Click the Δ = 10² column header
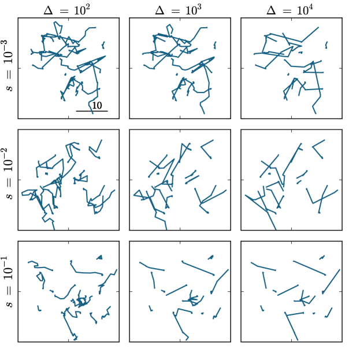click(67, 10)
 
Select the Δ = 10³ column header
click(179, 10)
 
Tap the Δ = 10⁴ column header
click(290, 10)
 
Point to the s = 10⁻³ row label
click(9, 66)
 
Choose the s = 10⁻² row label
click(9, 173)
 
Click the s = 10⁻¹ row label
click(9, 282)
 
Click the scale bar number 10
click(97, 105)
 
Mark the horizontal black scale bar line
click(92, 111)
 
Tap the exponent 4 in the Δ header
click(311, 8)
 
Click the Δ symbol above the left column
click(48, 10)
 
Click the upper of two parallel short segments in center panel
click(190, 175)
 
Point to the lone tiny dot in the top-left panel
click(65, 75)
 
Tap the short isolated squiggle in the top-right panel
click(326, 45)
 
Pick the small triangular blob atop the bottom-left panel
click(99, 257)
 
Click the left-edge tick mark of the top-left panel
click(20, 68)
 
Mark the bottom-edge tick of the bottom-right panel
click(292, 340)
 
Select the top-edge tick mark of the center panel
click(180, 131)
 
